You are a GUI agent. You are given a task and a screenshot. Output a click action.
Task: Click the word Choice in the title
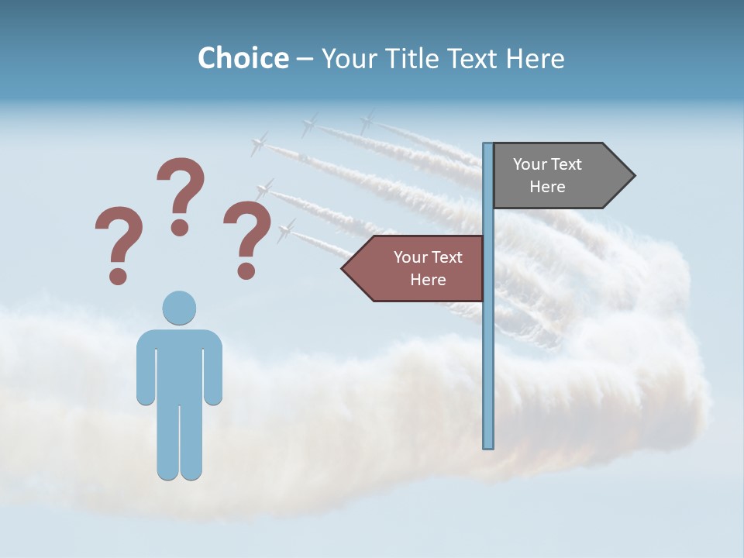pos(243,58)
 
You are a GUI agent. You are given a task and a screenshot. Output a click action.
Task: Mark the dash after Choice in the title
pos(305,60)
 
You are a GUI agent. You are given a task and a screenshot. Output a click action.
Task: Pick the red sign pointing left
pos(415,268)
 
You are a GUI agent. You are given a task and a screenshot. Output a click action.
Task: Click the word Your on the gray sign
pos(530,164)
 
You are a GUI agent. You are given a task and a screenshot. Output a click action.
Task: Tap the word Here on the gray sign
pos(547,187)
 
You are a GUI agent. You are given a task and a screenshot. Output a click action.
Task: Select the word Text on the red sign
pos(446,257)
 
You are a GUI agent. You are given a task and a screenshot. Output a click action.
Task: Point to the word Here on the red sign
pos(428,280)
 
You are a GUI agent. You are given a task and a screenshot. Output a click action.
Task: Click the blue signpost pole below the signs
pos(488,372)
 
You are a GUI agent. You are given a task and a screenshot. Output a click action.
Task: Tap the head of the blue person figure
pos(179,308)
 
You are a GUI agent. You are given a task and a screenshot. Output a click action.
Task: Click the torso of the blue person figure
pos(179,364)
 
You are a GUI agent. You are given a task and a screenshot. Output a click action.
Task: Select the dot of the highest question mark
pos(180,227)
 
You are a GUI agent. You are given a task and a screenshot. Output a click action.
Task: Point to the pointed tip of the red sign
pos(343,268)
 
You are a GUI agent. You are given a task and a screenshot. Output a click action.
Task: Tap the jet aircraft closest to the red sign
pos(286,229)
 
